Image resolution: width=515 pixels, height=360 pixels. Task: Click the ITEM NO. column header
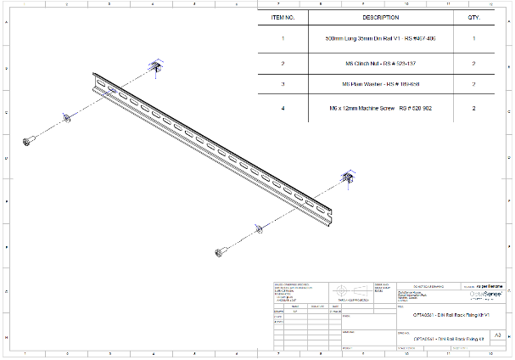(x=283, y=17)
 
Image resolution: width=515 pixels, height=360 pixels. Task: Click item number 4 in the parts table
(x=283, y=109)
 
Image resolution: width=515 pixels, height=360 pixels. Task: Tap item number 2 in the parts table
(x=283, y=64)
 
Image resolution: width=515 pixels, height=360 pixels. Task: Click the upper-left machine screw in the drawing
(x=30, y=138)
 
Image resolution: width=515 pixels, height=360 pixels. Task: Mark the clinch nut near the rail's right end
(x=346, y=177)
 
